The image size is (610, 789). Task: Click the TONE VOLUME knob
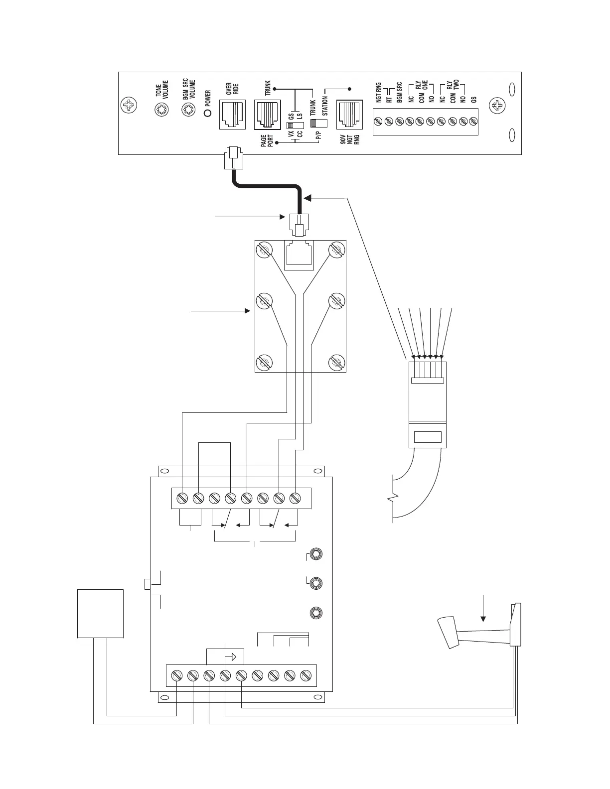[161, 109]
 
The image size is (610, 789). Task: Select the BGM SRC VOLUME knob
[188, 109]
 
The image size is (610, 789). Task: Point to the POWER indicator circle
[208, 113]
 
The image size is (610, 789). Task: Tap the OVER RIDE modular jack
[233, 115]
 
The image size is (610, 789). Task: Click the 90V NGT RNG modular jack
[349, 115]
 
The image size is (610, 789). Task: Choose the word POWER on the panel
[208, 99]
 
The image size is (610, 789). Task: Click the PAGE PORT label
[267, 141]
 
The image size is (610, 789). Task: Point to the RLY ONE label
[422, 87]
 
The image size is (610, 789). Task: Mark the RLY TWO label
[453, 87]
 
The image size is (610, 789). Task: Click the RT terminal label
[389, 99]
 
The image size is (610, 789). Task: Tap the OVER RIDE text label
[233, 89]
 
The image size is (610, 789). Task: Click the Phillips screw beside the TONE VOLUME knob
[129, 105]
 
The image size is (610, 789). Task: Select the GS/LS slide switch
[295, 125]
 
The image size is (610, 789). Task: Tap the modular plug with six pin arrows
[428, 404]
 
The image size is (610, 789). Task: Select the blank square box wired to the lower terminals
[100, 613]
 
